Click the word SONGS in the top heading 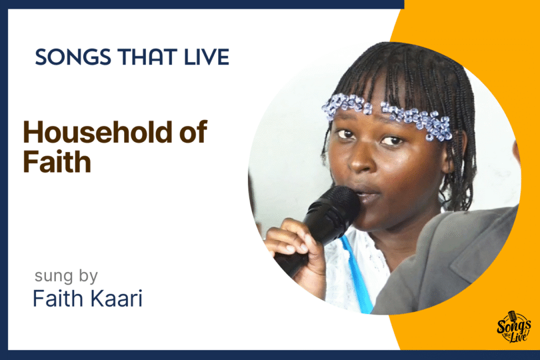tap(73, 57)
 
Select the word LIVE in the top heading tap(207, 57)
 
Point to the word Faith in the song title tap(57, 161)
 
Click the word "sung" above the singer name tap(54, 276)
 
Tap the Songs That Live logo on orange tap(514, 326)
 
